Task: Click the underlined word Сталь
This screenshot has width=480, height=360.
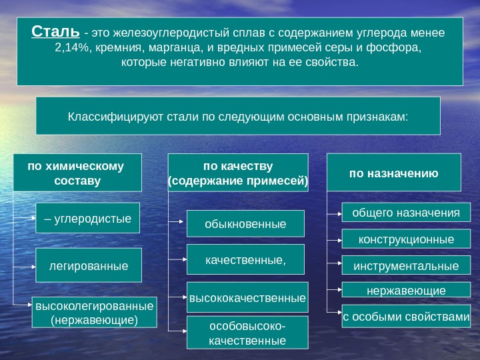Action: point(56,32)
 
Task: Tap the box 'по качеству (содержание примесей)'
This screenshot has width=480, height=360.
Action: point(238,173)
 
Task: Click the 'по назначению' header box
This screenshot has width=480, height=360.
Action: point(394,173)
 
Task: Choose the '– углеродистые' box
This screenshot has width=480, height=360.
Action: point(87,218)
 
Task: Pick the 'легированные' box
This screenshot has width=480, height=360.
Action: point(89,265)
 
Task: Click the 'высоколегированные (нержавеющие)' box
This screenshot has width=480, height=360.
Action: point(94,313)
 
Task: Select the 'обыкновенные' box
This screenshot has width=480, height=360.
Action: point(245,223)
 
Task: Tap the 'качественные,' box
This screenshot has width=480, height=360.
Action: point(245,259)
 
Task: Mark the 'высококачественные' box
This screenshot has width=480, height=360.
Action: point(247,298)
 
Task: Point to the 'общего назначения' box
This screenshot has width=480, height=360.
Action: point(406,212)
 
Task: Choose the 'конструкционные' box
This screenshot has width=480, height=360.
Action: point(406,239)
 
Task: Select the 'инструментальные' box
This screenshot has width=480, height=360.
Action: point(406,265)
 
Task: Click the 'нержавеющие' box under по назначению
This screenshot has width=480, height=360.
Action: point(406,291)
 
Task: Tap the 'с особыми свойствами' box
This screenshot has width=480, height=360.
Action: point(406,317)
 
